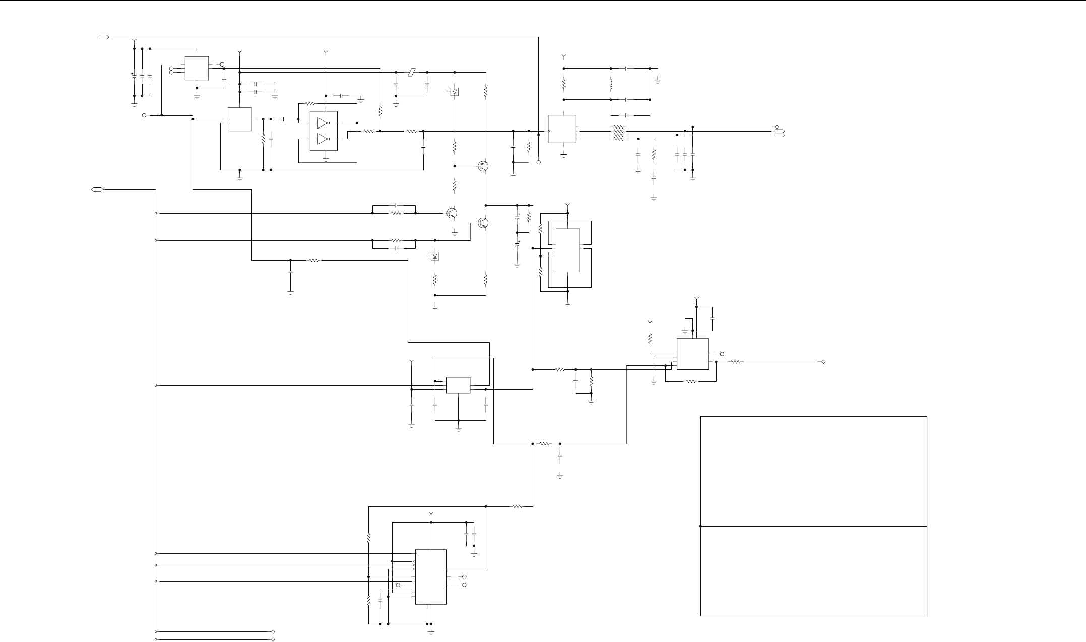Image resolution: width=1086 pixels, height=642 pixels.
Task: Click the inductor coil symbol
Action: [611, 84]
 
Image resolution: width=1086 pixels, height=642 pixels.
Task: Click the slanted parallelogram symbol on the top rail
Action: [412, 72]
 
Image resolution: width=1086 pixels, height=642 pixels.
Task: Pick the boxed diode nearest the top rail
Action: [455, 92]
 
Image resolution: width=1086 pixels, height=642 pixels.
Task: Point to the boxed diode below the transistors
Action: [435, 256]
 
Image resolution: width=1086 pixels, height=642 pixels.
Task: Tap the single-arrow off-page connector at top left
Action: [103, 37]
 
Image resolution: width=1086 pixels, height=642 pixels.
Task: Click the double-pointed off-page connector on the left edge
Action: [97, 189]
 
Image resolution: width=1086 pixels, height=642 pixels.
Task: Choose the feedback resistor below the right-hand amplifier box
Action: [691, 381]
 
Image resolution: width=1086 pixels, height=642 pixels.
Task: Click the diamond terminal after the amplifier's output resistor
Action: [823, 362]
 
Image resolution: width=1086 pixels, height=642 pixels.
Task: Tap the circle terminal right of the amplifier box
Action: [722, 354]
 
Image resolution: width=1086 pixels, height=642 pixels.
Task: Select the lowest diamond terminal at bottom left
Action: [273, 639]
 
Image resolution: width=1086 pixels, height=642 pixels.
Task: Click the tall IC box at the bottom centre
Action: [431, 576]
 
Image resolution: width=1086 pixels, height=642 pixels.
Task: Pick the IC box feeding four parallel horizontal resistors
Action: [562, 129]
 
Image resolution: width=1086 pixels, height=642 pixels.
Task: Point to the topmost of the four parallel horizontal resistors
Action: [618, 127]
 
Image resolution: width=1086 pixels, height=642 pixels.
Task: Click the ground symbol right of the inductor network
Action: [658, 80]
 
